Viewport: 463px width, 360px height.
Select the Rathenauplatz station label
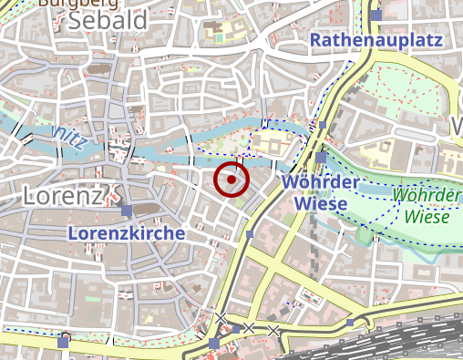[x=376, y=40]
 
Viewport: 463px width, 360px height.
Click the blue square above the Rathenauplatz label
[x=376, y=15]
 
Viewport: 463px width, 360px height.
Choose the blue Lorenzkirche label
[x=127, y=233]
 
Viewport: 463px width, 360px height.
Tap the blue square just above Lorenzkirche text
[x=126, y=211]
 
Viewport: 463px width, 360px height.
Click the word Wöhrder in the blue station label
[x=315, y=182]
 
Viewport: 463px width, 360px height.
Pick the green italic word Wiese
[x=427, y=217]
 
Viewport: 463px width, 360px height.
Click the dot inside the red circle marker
[x=232, y=180]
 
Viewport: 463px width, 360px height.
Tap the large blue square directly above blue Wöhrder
[x=321, y=158]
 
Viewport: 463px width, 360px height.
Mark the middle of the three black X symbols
[x=249, y=326]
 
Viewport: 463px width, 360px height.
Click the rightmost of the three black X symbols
[x=273, y=330]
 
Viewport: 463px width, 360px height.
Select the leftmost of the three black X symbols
[x=221, y=317]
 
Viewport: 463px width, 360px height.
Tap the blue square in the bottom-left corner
[x=63, y=341]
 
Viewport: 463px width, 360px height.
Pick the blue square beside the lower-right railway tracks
[x=351, y=323]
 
